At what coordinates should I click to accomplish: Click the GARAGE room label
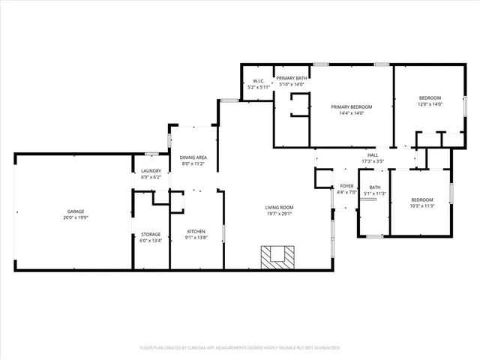coord(74,211)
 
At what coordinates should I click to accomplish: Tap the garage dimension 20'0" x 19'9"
coord(74,218)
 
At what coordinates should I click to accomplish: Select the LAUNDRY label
coord(151,171)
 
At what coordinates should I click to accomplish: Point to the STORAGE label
coord(151,234)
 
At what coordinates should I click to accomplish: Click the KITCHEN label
coord(195,231)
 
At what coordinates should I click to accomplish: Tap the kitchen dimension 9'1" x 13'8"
coord(195,238)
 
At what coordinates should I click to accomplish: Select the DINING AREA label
coord(193,157)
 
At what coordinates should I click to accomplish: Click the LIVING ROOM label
coord(279,207)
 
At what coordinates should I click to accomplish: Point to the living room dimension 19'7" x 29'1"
coord(279,214)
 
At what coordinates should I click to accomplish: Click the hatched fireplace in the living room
coord(276,256)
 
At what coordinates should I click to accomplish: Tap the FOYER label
coord(346,186)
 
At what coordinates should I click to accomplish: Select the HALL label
coord(373,154)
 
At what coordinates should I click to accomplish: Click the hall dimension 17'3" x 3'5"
coord(373,161)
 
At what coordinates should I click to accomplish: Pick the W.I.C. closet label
coord(258,81)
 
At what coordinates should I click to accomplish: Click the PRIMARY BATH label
coord(291,78)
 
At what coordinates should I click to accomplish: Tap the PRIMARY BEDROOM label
coord(352,106)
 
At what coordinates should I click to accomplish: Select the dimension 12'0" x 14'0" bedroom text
coord(430,104)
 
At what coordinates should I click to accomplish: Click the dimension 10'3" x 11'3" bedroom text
coord(422,206)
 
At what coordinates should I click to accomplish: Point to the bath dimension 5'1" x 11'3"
coord(374,193)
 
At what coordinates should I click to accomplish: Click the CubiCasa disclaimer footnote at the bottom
coord(240,348)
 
